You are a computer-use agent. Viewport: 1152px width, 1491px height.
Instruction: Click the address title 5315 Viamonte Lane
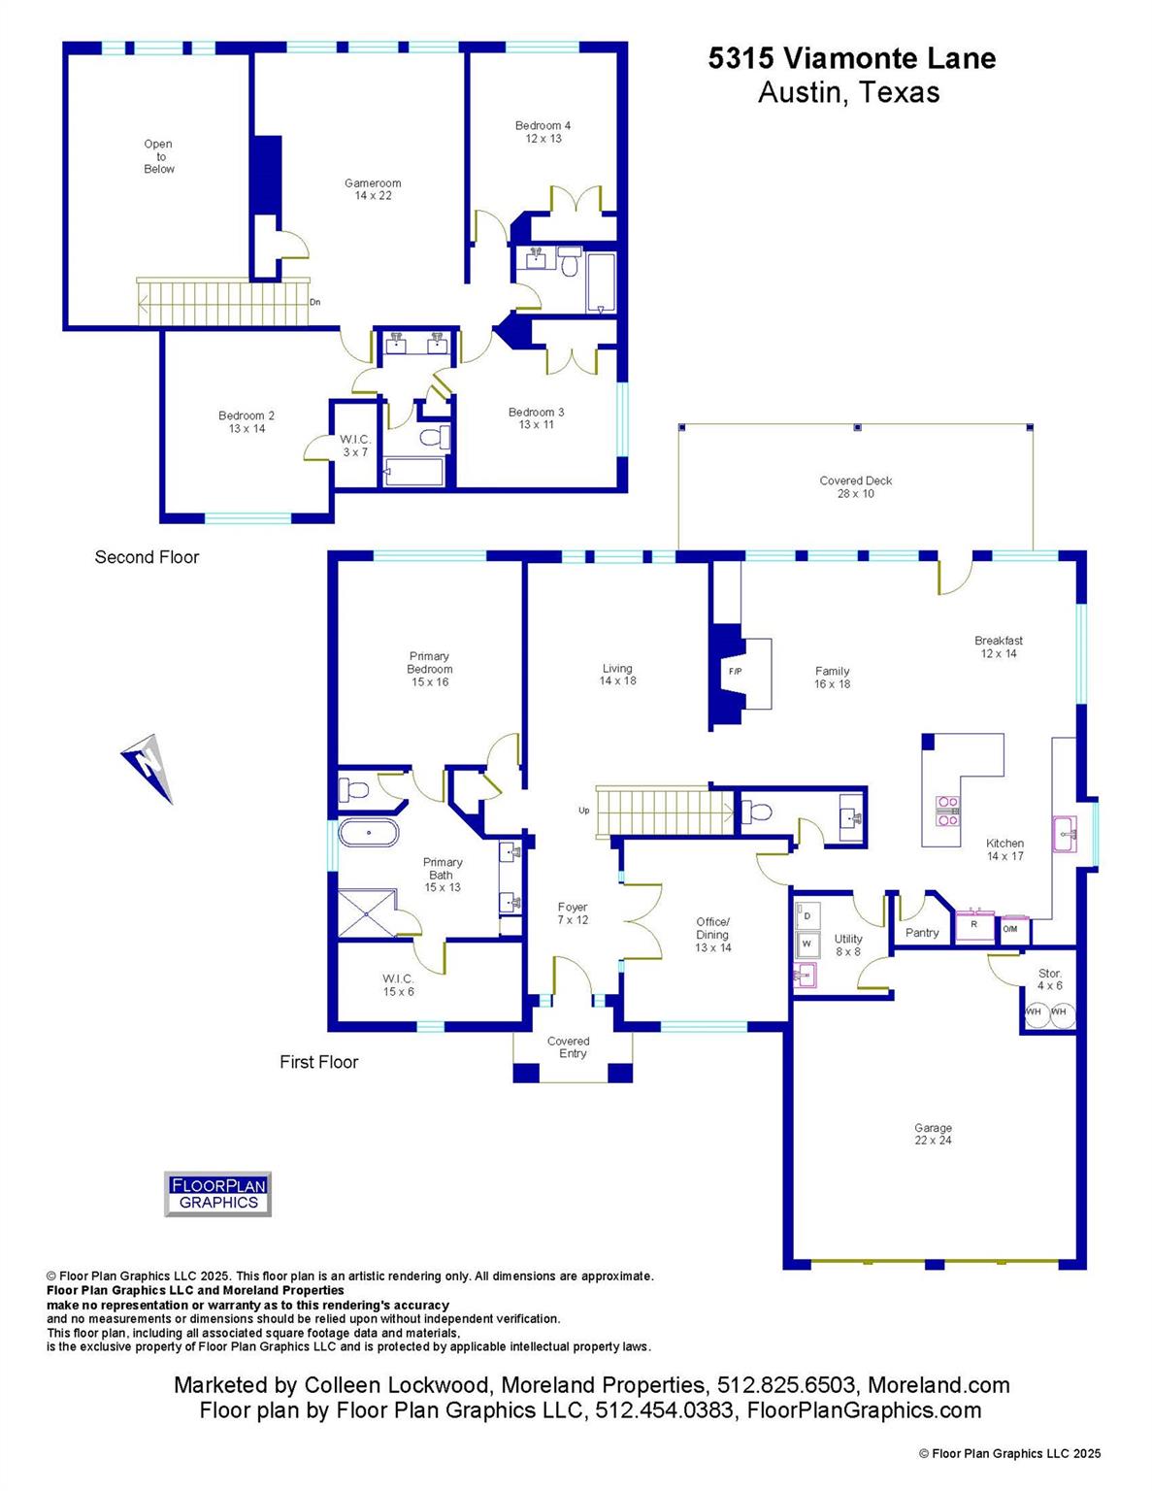[x=851, y=58]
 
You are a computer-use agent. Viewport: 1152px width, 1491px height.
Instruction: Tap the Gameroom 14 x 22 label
[x=373, y=189]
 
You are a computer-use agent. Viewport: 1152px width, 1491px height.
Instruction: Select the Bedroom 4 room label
[x=543, y=132]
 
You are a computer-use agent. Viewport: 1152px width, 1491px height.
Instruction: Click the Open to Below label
[x=159, y=156]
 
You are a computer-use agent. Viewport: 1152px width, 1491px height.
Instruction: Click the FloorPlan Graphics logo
[x=217, y=1194]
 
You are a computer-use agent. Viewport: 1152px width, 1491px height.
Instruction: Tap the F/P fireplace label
[x=735, y=671]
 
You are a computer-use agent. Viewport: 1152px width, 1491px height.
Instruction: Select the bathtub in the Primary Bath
[x=368, y=833]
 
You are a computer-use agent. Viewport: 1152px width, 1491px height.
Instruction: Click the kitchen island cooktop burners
[x=946, y=811]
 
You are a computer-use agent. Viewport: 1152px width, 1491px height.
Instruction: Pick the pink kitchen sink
[x=1066, y=834]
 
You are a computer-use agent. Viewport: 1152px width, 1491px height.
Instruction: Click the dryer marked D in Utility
[x=807, y=915]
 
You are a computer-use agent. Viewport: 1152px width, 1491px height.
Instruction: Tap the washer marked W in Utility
[x=807, y=943]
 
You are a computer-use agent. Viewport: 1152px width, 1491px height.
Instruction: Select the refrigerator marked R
[x=973, y=926]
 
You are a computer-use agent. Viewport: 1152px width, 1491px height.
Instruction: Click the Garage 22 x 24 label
[x=933, y=1134]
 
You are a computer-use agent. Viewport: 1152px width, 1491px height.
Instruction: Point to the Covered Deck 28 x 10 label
[x=855, y=486]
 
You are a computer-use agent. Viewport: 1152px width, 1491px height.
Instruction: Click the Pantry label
[x=921, y=933]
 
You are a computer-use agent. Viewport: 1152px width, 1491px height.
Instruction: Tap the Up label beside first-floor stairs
[x=583, y=810]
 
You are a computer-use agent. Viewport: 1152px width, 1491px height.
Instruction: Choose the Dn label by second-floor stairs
[x=314, y=302]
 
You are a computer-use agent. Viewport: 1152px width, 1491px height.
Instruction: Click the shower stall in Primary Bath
[x=367, y=912]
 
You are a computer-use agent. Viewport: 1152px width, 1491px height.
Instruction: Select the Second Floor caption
[x=147, y=557]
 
